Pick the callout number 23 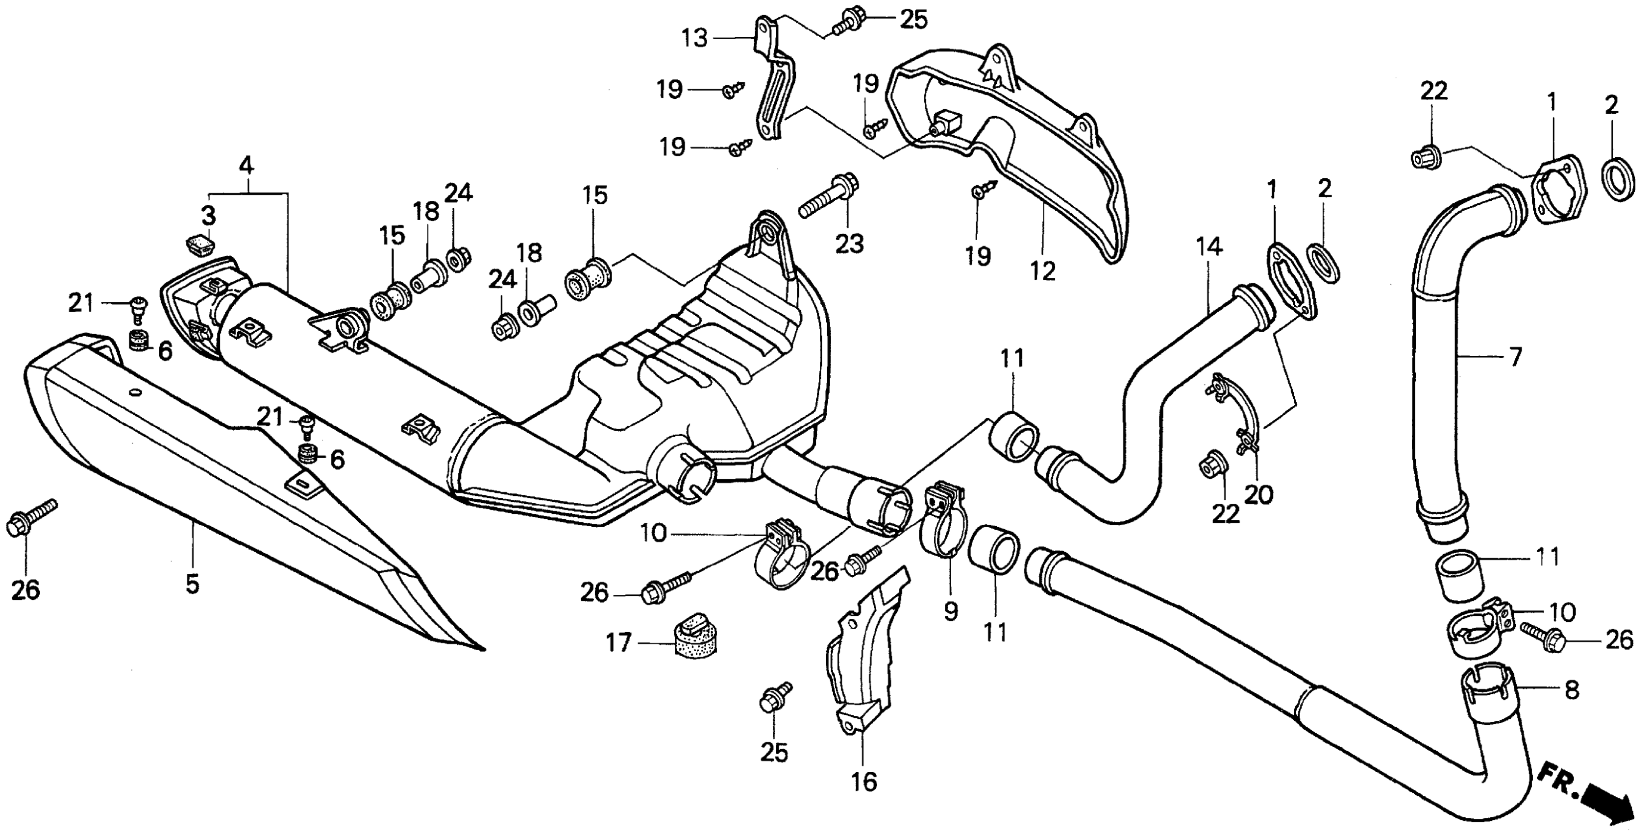[x=849, y=244]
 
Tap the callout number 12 [x=1043, y=271]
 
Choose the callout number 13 [x=694, y=38]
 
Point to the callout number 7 [x=1516, y=357]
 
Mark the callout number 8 [x=1572, y=690]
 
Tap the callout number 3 [x=209, y=217]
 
